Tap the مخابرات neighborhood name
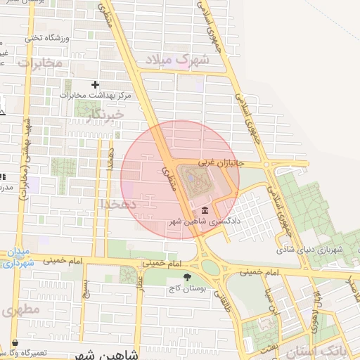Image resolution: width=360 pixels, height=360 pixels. [x=40, y=63]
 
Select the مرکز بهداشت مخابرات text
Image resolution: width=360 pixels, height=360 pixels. [x=86, y=95]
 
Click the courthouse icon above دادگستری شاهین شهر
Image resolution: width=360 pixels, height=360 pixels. [x=204, y=210]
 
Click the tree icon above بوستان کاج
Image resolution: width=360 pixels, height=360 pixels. [x=186, y=277]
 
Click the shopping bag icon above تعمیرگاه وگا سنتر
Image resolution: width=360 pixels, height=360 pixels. [x=15, y=343]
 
